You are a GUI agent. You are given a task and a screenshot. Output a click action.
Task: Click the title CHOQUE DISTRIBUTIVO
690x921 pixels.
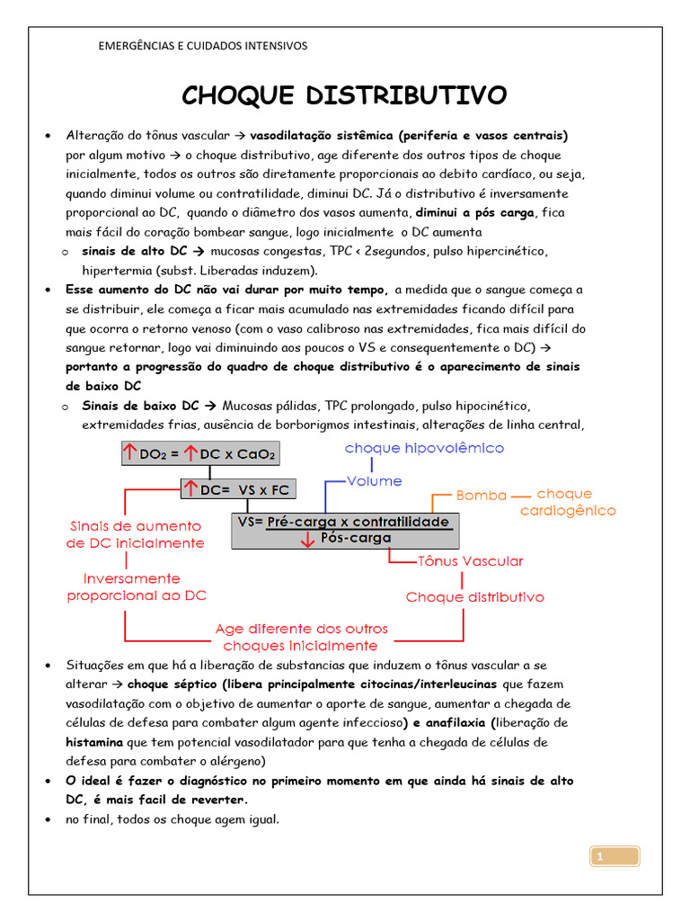coord(344,95)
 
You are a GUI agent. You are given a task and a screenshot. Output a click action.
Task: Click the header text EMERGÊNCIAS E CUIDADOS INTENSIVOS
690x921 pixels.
coord(202,46)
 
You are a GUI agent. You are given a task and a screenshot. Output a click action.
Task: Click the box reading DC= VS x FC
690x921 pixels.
coord(239,489)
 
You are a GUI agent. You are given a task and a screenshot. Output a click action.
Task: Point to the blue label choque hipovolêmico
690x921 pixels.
coord(424,448)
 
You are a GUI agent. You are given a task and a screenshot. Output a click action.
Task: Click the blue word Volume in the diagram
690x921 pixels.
coord(374,481)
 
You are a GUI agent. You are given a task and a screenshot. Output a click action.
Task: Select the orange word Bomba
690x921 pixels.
coord(482,496)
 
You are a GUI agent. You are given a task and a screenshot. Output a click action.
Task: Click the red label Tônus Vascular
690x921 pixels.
coord(470,561)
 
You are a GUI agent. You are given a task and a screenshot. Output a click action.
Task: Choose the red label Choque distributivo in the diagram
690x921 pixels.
coord(474,597)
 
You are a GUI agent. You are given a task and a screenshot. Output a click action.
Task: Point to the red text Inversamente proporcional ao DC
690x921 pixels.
coord(136,587)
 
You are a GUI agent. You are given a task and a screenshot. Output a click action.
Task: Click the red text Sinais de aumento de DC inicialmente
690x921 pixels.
coord(136,534)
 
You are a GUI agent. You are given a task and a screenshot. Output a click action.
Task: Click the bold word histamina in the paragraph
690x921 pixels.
coord(94,743)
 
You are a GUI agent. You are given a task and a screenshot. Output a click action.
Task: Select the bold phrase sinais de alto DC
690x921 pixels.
coord(134,252)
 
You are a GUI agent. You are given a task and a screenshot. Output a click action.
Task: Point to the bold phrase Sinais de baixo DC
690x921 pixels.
coord(140,407)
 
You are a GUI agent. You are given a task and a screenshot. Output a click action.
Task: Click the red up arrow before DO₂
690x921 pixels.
coord(130,454)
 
